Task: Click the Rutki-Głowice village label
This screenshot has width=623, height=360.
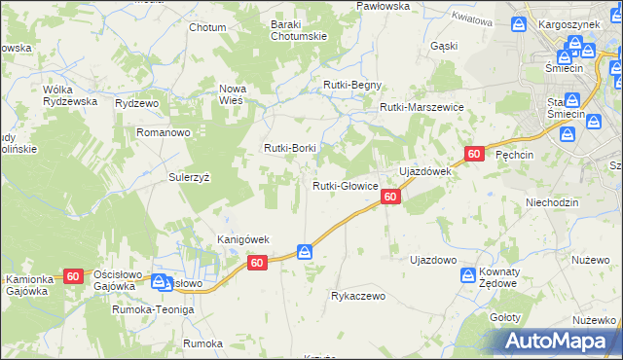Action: click(345, 186)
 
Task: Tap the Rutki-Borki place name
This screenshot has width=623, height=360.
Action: click(290, 148)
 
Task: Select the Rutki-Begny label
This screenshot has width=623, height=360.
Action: click(352, 85)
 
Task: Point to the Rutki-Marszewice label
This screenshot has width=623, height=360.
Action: click(421, 108)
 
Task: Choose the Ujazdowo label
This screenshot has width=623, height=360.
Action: click(433, 260)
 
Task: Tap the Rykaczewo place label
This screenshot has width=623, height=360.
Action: click(359, 295)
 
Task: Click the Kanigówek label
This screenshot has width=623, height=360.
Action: click(242, 239)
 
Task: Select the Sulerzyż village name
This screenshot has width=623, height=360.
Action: click(190, 178)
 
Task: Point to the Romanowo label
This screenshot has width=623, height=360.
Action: click(162, 130)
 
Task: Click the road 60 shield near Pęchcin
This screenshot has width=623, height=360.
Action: click(474, 154)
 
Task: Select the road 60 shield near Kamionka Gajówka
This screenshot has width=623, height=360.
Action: click(73, 276)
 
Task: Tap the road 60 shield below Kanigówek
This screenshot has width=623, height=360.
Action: click(257, 263)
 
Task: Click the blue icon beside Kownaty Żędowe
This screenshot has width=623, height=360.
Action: click(467, 276)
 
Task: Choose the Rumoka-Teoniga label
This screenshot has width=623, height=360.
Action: click(153, 308)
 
